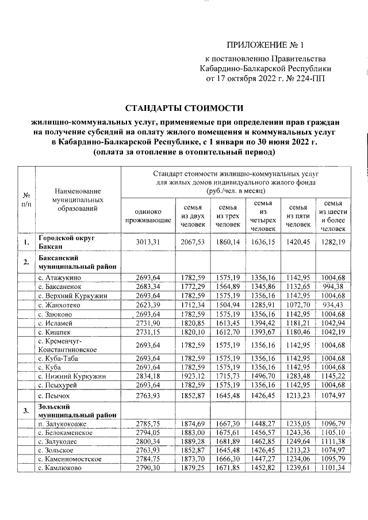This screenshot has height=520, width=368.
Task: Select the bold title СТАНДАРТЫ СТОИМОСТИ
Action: coord(185,108)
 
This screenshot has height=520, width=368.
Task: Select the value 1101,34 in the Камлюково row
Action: coord(333,468)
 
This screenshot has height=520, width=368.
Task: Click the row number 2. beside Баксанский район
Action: coord(26,263)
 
